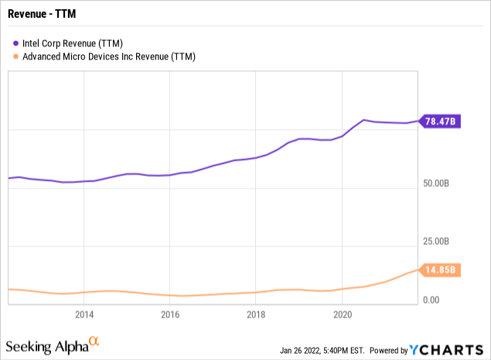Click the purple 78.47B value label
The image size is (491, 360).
coord(442,121)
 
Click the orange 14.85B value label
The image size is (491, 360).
coord(442,270)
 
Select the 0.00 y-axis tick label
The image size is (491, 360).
coord(433,301)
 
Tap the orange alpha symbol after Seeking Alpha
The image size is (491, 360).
coord(94,341)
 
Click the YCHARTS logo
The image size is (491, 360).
coord(452,348)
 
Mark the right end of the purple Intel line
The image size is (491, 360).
coord(417,121)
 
